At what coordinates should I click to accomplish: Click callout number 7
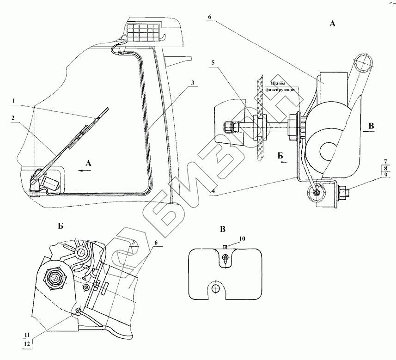point(384,161)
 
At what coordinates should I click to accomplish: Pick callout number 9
point(384,175)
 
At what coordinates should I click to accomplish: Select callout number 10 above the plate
point(242,238)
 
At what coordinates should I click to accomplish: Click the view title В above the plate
point(223,229)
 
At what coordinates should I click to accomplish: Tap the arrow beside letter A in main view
point(85,170)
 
